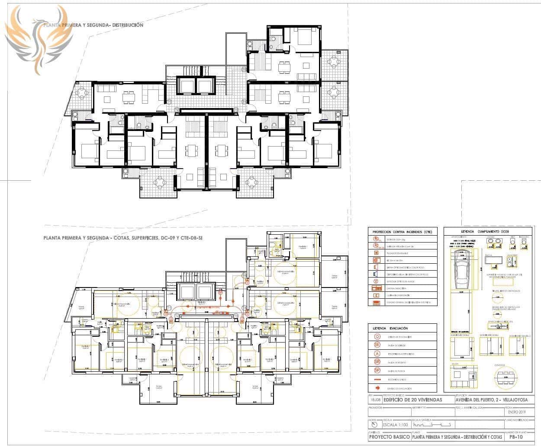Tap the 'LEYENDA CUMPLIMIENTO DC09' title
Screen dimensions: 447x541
(x=486, y=232)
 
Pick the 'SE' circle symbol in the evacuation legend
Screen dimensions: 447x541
(x=377, y=345)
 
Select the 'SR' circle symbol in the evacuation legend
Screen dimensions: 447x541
(x=377, y=361)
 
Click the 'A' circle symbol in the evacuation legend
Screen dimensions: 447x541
(x=377, y=353)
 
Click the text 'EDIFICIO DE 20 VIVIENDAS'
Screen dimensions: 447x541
(x=413, y=400)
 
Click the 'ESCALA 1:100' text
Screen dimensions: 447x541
(x=396, y=425)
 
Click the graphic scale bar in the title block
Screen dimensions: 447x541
(x=437, y=425)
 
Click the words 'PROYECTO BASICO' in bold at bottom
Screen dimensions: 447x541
(x=389, y=437)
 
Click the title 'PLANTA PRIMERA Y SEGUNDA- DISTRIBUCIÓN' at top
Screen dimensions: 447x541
(x=93, y=26)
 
